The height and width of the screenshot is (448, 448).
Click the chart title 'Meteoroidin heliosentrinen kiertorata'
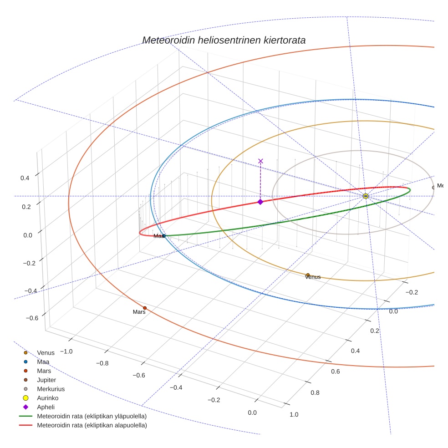tap(224, 40)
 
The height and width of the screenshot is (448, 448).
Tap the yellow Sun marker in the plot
tap(366, 196)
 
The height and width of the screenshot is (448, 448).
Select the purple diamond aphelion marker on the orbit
tap(260, 202)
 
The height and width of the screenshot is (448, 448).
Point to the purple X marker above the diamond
tap(260, 161)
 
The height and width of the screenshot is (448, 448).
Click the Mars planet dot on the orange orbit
tap(145, 308)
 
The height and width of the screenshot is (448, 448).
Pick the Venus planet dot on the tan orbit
tap(308, 275)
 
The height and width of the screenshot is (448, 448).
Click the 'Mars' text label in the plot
tap(139, 312)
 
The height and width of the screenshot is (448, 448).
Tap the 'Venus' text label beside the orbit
tap(313, 277)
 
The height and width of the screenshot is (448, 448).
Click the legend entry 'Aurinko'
tap(48, 398)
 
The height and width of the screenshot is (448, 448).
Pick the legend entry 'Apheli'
tap(46, 407)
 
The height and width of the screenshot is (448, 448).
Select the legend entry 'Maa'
tap(43, 361)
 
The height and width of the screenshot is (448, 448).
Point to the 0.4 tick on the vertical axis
tap(25, 178)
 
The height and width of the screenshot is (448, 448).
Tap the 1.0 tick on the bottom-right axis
tap(294, 414)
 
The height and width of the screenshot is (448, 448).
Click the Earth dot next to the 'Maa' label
tap(164, 236)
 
